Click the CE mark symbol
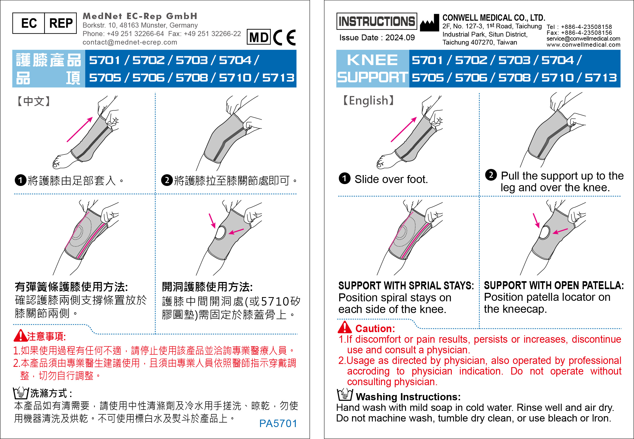(284, 37)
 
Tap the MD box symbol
(259, 37)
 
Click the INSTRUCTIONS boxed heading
(376, 21)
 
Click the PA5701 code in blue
(278, 424)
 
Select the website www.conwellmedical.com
(583, 45)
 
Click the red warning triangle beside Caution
(344, 327)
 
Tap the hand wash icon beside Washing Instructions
(345, 394)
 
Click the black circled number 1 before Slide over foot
(344, 178)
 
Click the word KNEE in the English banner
(372, 60)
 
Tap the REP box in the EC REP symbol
(61, 23)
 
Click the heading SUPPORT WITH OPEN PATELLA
(554, 285)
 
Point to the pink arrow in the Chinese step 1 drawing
(80, 129)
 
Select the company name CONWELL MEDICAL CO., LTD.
(494, 18)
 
